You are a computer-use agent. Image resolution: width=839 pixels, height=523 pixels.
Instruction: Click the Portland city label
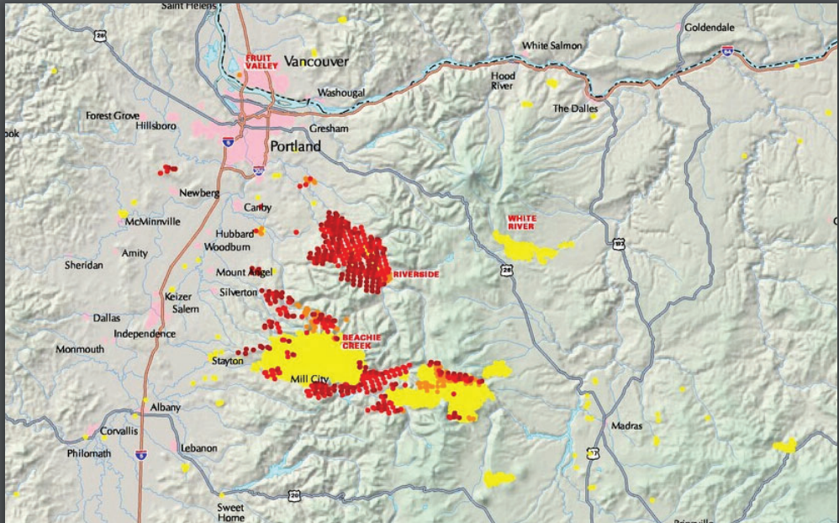pyautogui.click(x=295, y=146)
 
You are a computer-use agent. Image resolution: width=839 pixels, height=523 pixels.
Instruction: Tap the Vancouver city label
pyautogui.click(x=316, y=61)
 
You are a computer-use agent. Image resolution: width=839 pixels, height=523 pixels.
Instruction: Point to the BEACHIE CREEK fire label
pyautogui.click(x=361, y=341)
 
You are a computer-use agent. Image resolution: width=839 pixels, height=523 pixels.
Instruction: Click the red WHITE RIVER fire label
pyautogui.click(x=521, y=222)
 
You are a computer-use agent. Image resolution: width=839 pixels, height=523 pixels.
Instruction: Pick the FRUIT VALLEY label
pyautogui.click(x=260, y=61)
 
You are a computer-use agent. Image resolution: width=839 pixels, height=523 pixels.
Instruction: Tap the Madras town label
pyautogui.click(x=626, y=425)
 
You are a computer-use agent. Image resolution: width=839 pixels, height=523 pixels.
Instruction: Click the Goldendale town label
pyautogui.click(x=710, y=27)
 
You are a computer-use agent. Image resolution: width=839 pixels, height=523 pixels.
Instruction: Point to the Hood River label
pyautogui.click(x=503, y=81)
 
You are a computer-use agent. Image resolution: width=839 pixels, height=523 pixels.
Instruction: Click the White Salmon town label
pyautogui.click(x=552, y=45)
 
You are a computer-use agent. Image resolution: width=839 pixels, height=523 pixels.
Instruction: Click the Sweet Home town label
pyautogui.click(x=230, y=513)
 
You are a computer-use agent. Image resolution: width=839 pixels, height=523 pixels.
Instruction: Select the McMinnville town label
pyautogui.click(x=153, y=222)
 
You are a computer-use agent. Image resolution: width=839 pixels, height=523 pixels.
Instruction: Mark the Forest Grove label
pyautogui.click(x=112, y=115)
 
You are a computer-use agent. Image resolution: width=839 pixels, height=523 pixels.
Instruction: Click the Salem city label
pyautogui.click(x=186, y=309)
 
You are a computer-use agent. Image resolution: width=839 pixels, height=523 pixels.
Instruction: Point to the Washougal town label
pyautogui.click(x=340, y=92)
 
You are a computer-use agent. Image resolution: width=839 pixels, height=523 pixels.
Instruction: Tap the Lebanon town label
pyautogui.click(x=198, y=448)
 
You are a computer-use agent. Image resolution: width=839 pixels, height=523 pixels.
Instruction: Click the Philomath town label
pyautogui.click(x=89, y=453)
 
